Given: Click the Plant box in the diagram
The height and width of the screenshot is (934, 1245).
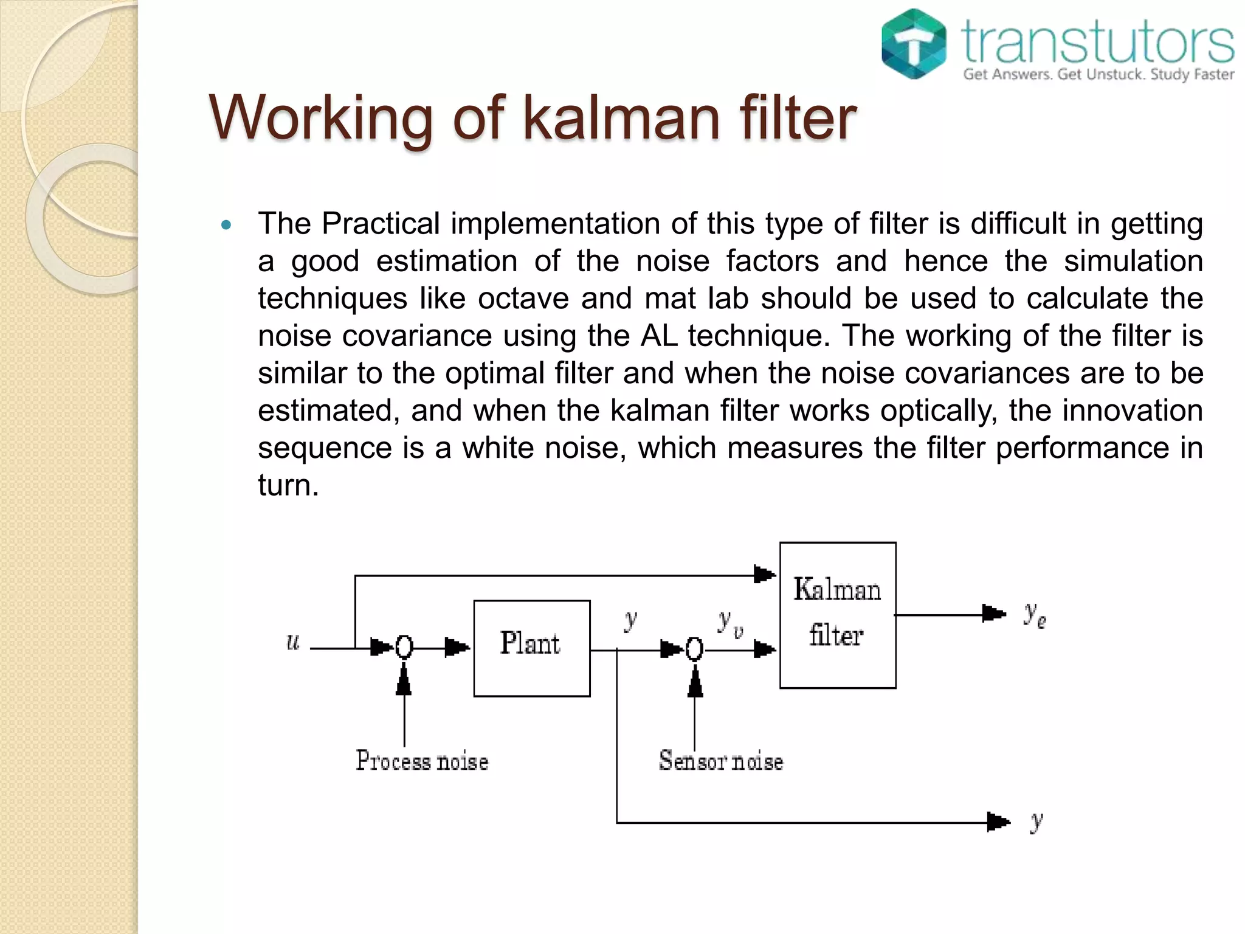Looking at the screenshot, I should pyautogui.click(x=531, y=648).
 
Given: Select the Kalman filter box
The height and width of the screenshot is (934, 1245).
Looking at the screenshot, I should pyautogui.click(x=837, y=615).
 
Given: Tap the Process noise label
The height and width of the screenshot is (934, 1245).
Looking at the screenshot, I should pyautogui.click(x=422, y=761).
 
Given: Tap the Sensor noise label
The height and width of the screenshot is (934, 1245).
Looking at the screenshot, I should pyautogui.click(x=721, y=761).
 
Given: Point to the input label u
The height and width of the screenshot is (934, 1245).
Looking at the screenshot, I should pyautogui.click(x=293, y=642).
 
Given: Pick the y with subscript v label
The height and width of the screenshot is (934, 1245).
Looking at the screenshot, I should pyautogui.click(x=729, y=623).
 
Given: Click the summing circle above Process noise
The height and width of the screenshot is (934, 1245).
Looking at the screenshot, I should pyautogui.click(x=404, y=648).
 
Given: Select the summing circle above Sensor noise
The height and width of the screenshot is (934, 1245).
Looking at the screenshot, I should pyautogui.click(x=694, y=649).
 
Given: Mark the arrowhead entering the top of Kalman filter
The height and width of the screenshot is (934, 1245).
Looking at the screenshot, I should pyautogui.click(x=764, y=574).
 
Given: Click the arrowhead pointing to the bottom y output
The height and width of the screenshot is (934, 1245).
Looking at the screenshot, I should pyautogui.click(x=998, y=822).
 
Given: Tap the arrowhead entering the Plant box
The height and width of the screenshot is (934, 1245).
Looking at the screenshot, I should pyautogui.click(x=457, y=648).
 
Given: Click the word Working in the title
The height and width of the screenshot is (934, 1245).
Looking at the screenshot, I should pyautogui.click(x=321, y=119).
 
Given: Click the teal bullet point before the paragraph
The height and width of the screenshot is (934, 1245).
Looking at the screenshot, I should pyautogui.click(x=227, y=226).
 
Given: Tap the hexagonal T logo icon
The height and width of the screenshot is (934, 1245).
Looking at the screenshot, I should pyautogui.click(x=914, y=44).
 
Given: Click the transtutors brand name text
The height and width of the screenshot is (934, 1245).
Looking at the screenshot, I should pyautogui.click(x=1098, y=41).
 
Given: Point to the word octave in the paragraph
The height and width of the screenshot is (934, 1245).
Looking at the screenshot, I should pyautogui.click(x=523, y=299).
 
